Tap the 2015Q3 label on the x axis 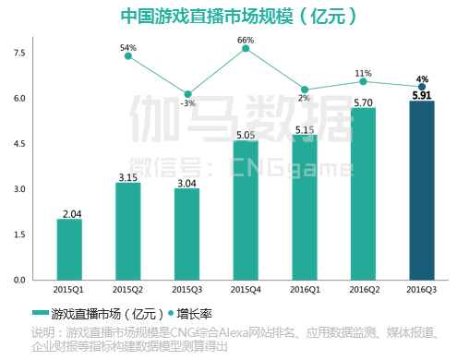[x=186, y=289]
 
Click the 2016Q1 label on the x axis [x=305, y=289]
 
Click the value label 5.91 [x=422, y=94]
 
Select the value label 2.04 [x=70, y=213]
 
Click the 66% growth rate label [x=246, y=40]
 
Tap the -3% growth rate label [x=187, y=103]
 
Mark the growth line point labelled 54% [x=128, y=56]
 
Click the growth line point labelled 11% [x=363, y=81]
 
